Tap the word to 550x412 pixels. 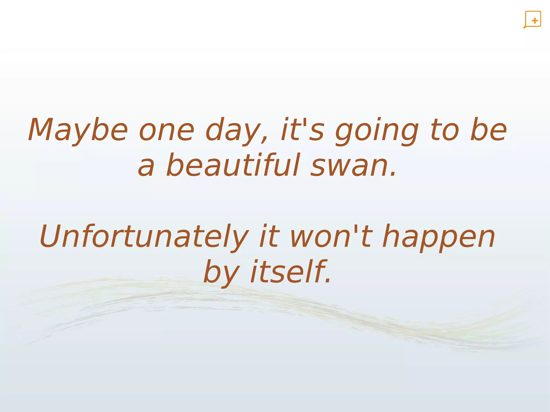tap(445, 130)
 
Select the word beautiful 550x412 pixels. tap(233, 165)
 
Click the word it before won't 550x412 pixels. tap(269, 236)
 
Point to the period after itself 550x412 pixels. tap(328, 281)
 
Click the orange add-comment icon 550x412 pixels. tap(532, 20)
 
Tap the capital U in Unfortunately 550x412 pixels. tap(50, 236)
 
